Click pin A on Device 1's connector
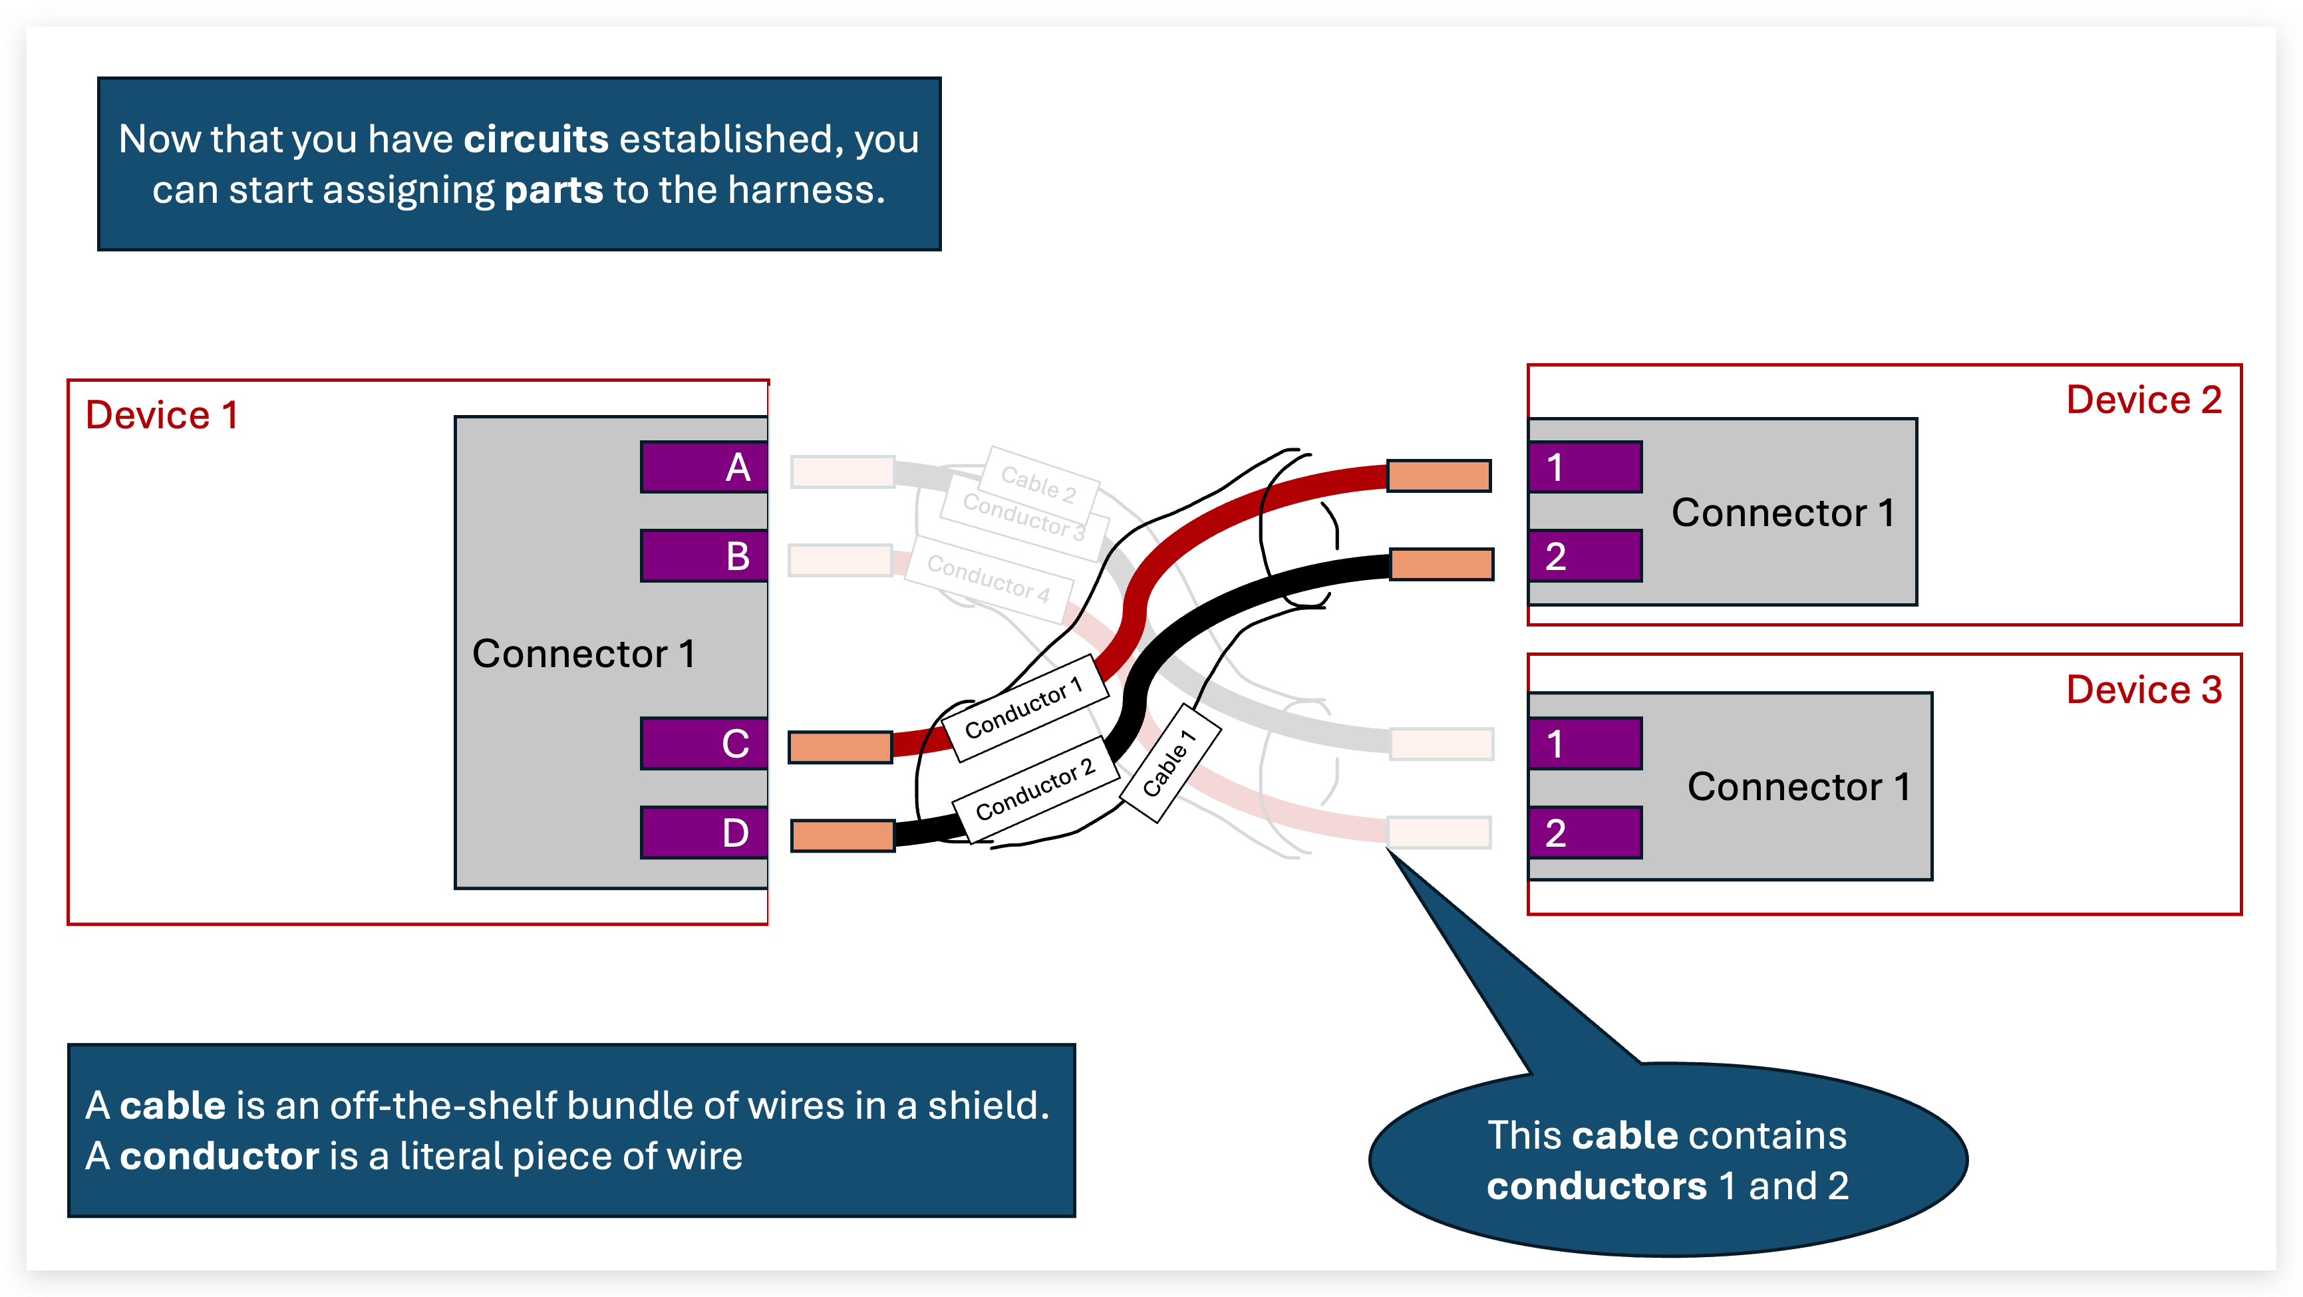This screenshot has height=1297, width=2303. pos(704,467)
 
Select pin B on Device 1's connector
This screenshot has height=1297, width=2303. pos(704,556)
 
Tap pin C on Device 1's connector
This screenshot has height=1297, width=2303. pos(704,743)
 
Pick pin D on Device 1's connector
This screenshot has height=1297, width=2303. pos(704,832)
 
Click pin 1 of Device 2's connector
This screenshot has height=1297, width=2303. pos(1584,467)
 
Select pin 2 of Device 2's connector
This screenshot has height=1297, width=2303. pos(1584,556)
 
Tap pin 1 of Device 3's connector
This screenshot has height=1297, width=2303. pos(1584,743)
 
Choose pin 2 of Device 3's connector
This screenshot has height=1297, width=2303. pos(1584,832)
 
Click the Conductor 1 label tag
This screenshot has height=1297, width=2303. pos(1024,708)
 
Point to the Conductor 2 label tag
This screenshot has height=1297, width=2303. pos(1035,788)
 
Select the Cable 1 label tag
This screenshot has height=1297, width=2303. pos(1169,762)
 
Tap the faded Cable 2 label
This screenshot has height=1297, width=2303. pos(1039,483)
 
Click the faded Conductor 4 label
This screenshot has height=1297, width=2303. pos(988,579)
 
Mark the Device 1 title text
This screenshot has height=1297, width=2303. pos(162,415)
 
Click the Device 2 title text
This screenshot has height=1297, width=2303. pos(2143,400)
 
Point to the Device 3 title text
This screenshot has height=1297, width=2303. pos(2143,689)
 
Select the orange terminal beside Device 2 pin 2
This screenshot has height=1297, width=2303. pos(1441,565)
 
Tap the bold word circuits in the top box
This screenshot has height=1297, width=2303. pos(536,140)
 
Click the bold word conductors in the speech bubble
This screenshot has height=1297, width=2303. pos(1596,1186)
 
